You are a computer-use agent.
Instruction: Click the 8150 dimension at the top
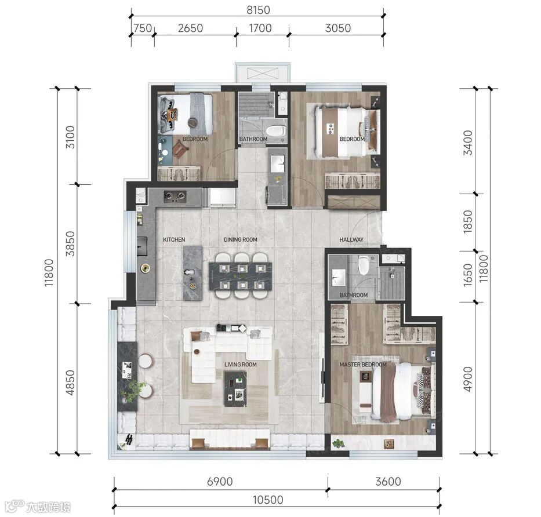tap(258, 10)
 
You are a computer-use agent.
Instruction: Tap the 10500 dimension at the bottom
tap(268, 500)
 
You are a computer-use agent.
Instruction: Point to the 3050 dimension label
tap(338, 28)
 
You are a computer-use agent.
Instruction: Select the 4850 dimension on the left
tap(70, 383)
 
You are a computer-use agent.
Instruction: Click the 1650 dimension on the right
tap(467, 275)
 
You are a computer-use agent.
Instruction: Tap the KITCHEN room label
tap(174, 239)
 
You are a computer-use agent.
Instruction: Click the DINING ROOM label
tap(241, 239)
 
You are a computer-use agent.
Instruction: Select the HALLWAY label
tap(351, 239)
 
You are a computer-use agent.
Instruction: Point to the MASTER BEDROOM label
tap(363, 364)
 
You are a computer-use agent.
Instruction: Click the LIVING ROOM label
tap(241, 364)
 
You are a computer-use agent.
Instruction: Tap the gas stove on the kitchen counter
tap(175, 196)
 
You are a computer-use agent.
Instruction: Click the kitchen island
tap(193, 273)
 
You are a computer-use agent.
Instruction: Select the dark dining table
tap(241, 276)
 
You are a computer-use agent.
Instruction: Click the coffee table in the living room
tap(235, 389)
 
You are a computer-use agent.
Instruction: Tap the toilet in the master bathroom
tap(364, 265)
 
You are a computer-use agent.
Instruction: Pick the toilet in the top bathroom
tap(275, 131)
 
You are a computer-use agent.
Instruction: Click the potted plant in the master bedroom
tap(338, 443)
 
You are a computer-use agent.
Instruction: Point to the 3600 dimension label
tap(388, 482)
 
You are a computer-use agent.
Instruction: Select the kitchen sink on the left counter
tap(142, 246)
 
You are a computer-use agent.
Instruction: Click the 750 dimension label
tap(143, 28)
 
